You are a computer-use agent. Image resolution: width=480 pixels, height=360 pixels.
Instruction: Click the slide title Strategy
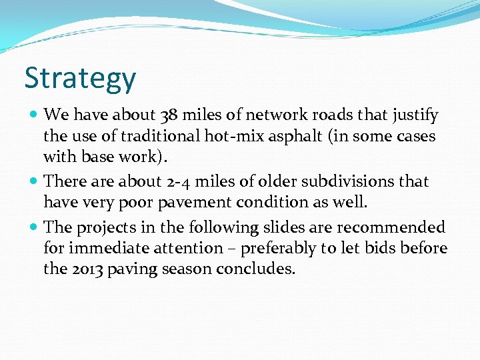coord(80,79)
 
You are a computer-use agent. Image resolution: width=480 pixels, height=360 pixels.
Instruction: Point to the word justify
coord(415,116)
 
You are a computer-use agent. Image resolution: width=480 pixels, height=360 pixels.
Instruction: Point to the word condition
coord(271,202)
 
